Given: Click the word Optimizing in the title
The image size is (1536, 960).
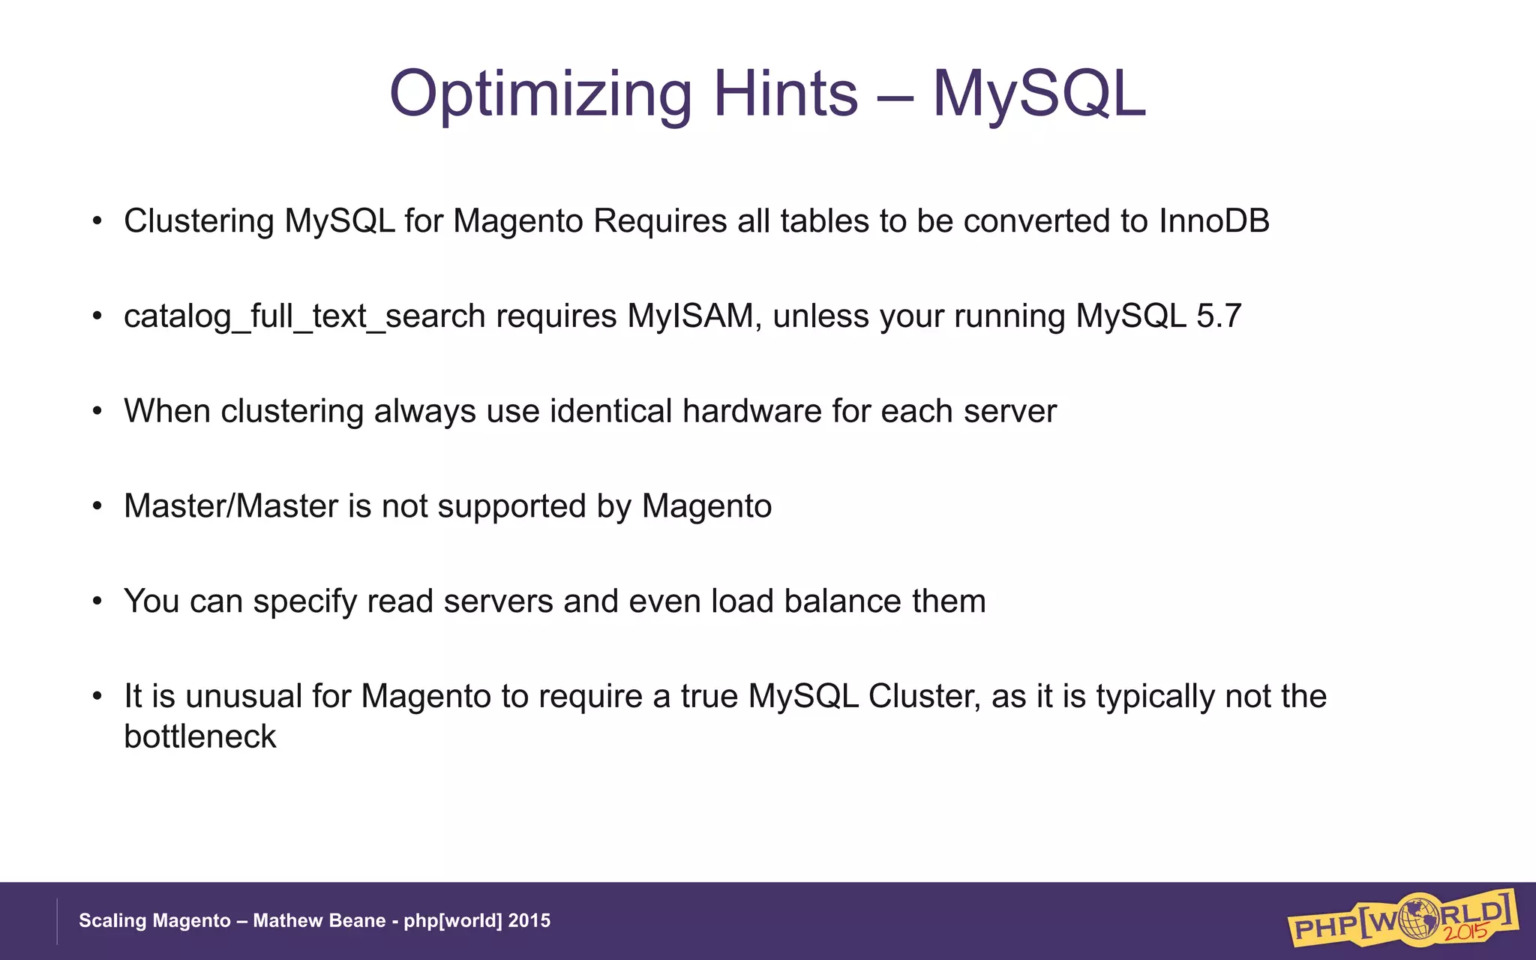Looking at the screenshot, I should coord(540,94).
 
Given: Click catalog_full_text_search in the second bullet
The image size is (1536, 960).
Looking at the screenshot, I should coord(304,316).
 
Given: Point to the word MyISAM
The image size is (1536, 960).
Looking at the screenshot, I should coord(690,316).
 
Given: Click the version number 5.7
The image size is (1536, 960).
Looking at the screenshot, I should coord(1219,316).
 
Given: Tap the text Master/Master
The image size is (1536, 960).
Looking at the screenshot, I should coord(230,506).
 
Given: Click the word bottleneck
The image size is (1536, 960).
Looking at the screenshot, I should coord(199,736).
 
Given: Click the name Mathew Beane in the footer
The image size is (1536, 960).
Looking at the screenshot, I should coord(319,921).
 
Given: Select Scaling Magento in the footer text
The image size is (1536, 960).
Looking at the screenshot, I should coord(154,921).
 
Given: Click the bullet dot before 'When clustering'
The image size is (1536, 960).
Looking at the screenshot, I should coord(97,412).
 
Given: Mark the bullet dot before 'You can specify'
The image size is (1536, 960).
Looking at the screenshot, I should coord(97,601).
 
